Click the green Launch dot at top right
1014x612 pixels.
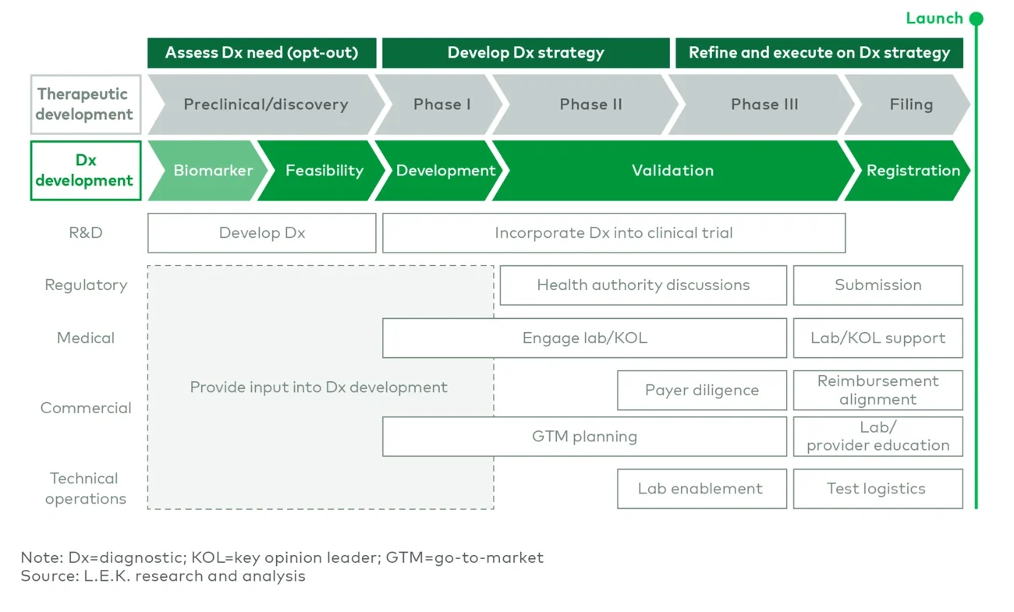(976, 19)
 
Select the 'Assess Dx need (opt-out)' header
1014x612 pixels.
(261, 53)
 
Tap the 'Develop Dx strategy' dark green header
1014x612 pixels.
(525, 53)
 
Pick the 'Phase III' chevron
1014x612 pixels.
(764, 104)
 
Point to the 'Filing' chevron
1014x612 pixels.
(910, 104)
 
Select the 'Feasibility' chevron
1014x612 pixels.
(324, 171)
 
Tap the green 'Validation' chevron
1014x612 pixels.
(672, 171)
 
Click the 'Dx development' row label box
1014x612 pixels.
(85, 171)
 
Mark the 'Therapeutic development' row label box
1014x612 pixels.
(85, 104)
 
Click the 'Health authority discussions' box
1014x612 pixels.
(643, 285)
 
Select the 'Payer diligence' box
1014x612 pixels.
(701, 391)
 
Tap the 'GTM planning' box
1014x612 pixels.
(584, 437)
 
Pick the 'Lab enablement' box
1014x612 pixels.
(700, 489)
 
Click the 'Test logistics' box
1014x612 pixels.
(877, 489)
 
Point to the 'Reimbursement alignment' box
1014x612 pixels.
(877, 391)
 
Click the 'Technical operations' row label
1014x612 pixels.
(85, 489)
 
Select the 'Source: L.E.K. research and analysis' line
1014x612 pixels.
(163, 576)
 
